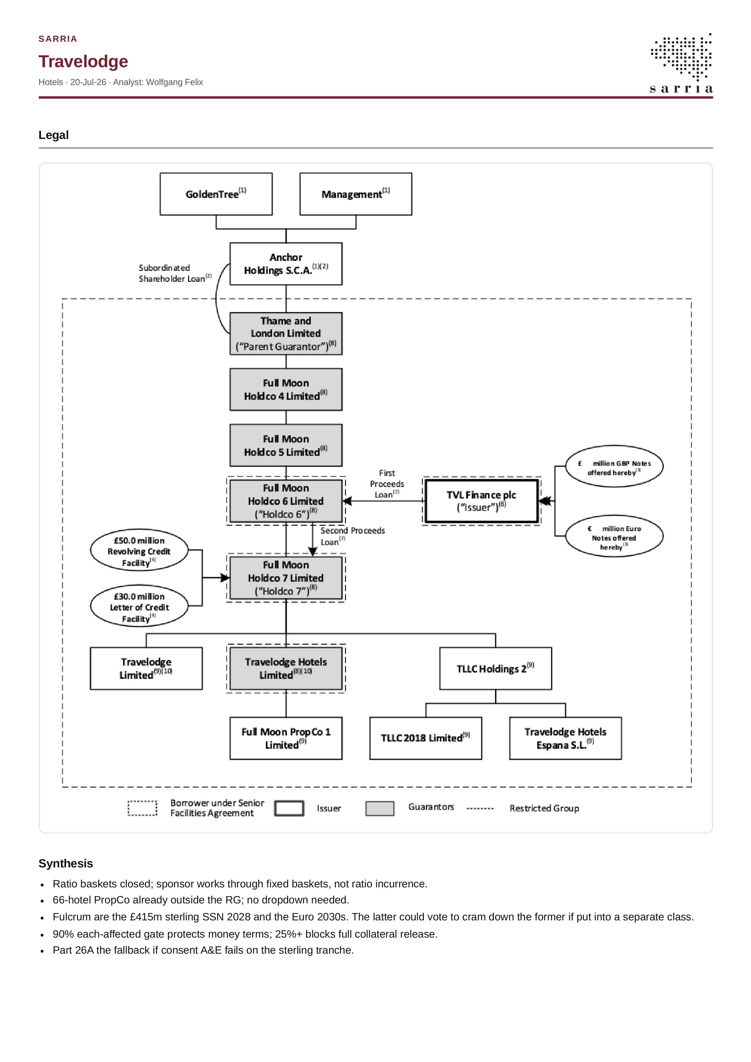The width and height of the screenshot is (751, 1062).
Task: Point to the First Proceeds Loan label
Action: tap(387, 484)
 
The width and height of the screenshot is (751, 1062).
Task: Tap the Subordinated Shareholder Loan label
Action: tap(175, 273)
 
